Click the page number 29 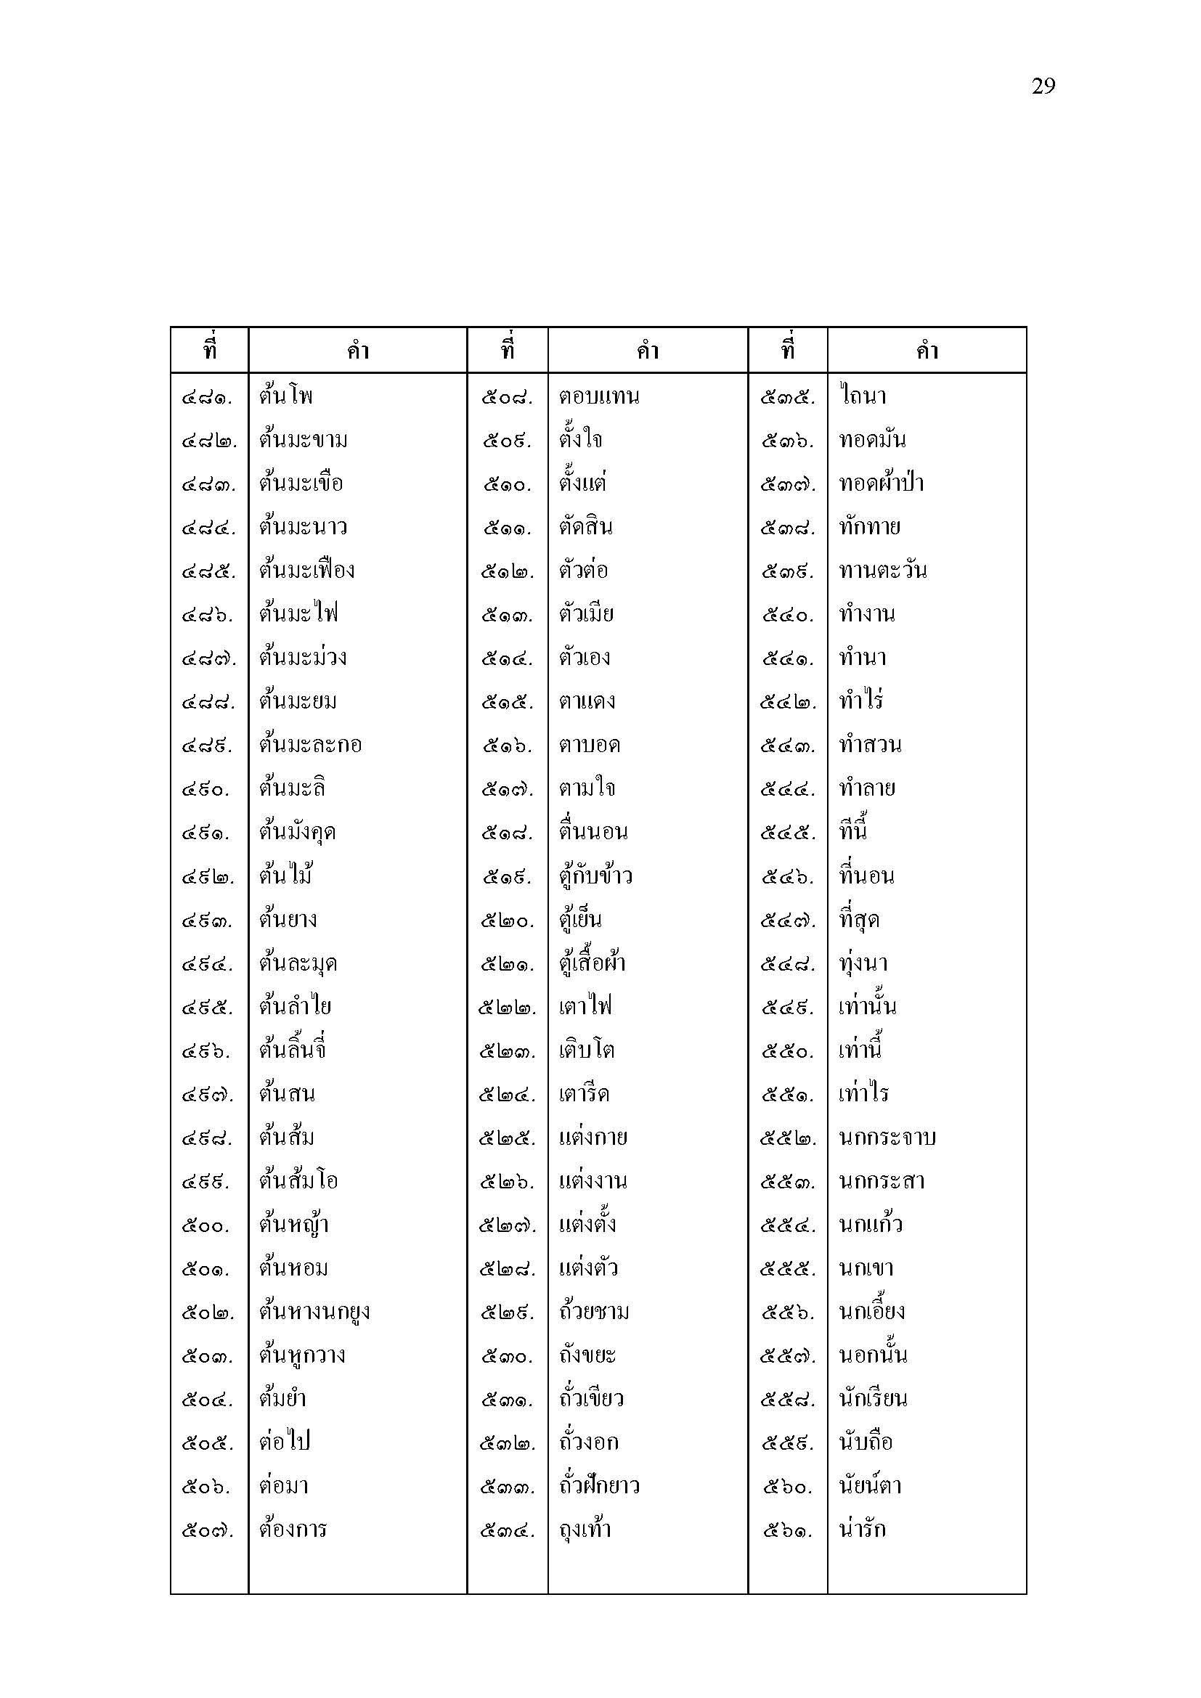[x=1043, y=86]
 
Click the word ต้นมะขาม [x=304, y=440]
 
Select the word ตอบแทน [x=599, y=396]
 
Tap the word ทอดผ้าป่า [x=882, y=483]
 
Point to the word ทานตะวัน [x=883, y=570]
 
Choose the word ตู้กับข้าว [x=595, y=876]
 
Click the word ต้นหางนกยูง [x=314, y=1312]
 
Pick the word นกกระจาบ [x=887, y=1138]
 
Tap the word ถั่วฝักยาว [x=599, y=1486]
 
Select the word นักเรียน [x=874, y=1398]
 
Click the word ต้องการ [x=293, y=1530]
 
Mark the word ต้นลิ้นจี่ [x=293, y=1050]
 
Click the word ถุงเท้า [x=585, y=1530]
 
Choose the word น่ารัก [x=863, y=1530]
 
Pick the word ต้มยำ [x=282, y=1398]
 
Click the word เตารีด [x=585, y=1094]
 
